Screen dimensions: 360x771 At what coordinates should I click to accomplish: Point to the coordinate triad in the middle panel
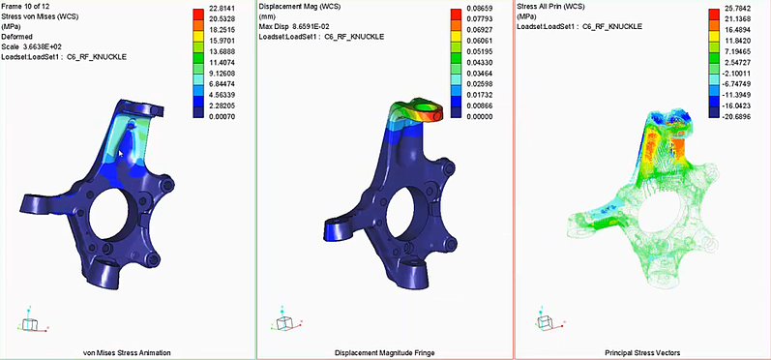[285, 323]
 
